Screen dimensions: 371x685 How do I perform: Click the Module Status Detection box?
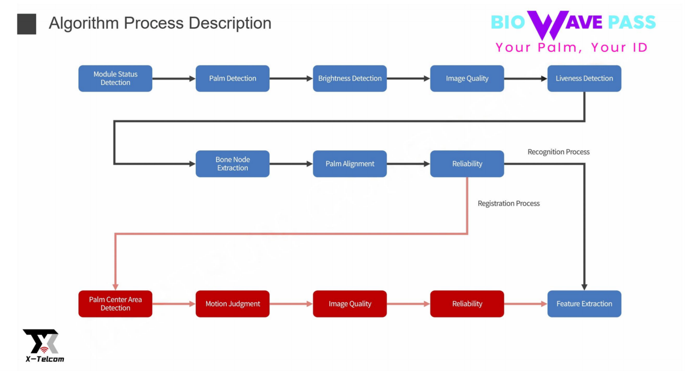[x=115, y=78]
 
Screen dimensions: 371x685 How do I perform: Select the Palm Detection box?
[x=233, y=78]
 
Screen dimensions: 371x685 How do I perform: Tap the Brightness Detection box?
[x=350, y=78]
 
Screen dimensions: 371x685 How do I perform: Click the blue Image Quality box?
[x=467, y=78]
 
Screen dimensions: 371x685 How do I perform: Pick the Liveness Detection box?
[x=584, y=78]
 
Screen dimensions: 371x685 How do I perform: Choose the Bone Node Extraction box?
[x=233, y=164]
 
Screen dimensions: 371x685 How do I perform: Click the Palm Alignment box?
[x=350, y=164]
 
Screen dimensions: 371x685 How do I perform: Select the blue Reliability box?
[x=467, y=164]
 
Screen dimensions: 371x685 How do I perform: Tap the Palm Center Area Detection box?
[x=115, y=304]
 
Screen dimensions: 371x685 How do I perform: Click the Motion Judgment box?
[x=233, y=304]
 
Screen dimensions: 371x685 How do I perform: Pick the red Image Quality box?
[x=350, y=304]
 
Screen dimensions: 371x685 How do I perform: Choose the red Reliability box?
[x=467, y=304]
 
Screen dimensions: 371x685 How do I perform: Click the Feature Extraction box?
[x=584, y=304]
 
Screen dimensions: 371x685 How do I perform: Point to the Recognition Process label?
[x=558, y=152]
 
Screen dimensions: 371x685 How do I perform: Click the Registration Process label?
[x=509, y=203]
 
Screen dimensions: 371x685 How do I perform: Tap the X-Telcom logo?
[x=42, y=345]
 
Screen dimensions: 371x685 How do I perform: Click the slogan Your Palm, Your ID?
[x=571, y=48]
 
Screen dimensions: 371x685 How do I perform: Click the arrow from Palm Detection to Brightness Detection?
[x=291, y=78]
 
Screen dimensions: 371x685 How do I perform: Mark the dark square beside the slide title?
[x=27, y=24]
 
